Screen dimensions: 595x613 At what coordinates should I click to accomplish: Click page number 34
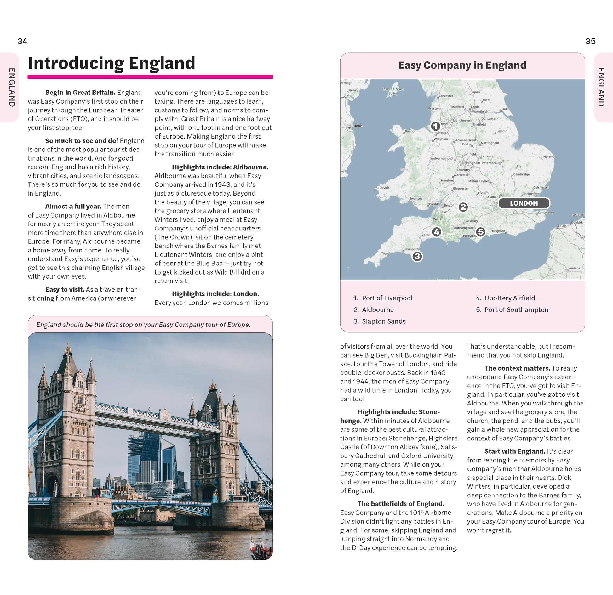22,41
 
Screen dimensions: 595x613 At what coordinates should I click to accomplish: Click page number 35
590,41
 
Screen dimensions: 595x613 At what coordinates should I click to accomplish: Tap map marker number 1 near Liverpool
435,126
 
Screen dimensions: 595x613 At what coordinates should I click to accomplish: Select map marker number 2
463,207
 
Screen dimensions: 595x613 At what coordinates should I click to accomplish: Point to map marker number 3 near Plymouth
417,257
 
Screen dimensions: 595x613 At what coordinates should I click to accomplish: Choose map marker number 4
437,232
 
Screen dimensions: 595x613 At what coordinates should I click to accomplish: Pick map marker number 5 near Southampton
480,232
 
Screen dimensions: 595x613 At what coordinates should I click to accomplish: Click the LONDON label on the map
524,203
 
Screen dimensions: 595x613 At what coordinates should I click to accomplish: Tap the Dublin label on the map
357,126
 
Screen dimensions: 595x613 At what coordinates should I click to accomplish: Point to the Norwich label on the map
549,156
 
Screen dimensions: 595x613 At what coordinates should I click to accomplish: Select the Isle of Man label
392,91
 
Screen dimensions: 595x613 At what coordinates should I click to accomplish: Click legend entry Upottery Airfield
509,298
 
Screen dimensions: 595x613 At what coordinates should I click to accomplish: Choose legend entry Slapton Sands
383,321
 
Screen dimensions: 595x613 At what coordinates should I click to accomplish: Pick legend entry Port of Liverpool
387,298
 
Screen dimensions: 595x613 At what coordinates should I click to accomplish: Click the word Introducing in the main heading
76,63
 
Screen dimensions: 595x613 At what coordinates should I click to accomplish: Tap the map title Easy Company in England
462,65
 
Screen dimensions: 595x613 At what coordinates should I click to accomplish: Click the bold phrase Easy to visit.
65,289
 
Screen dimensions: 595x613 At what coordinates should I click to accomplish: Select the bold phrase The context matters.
517,368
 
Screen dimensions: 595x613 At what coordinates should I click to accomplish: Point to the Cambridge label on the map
521,174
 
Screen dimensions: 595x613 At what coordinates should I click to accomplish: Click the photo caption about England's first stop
143,325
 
